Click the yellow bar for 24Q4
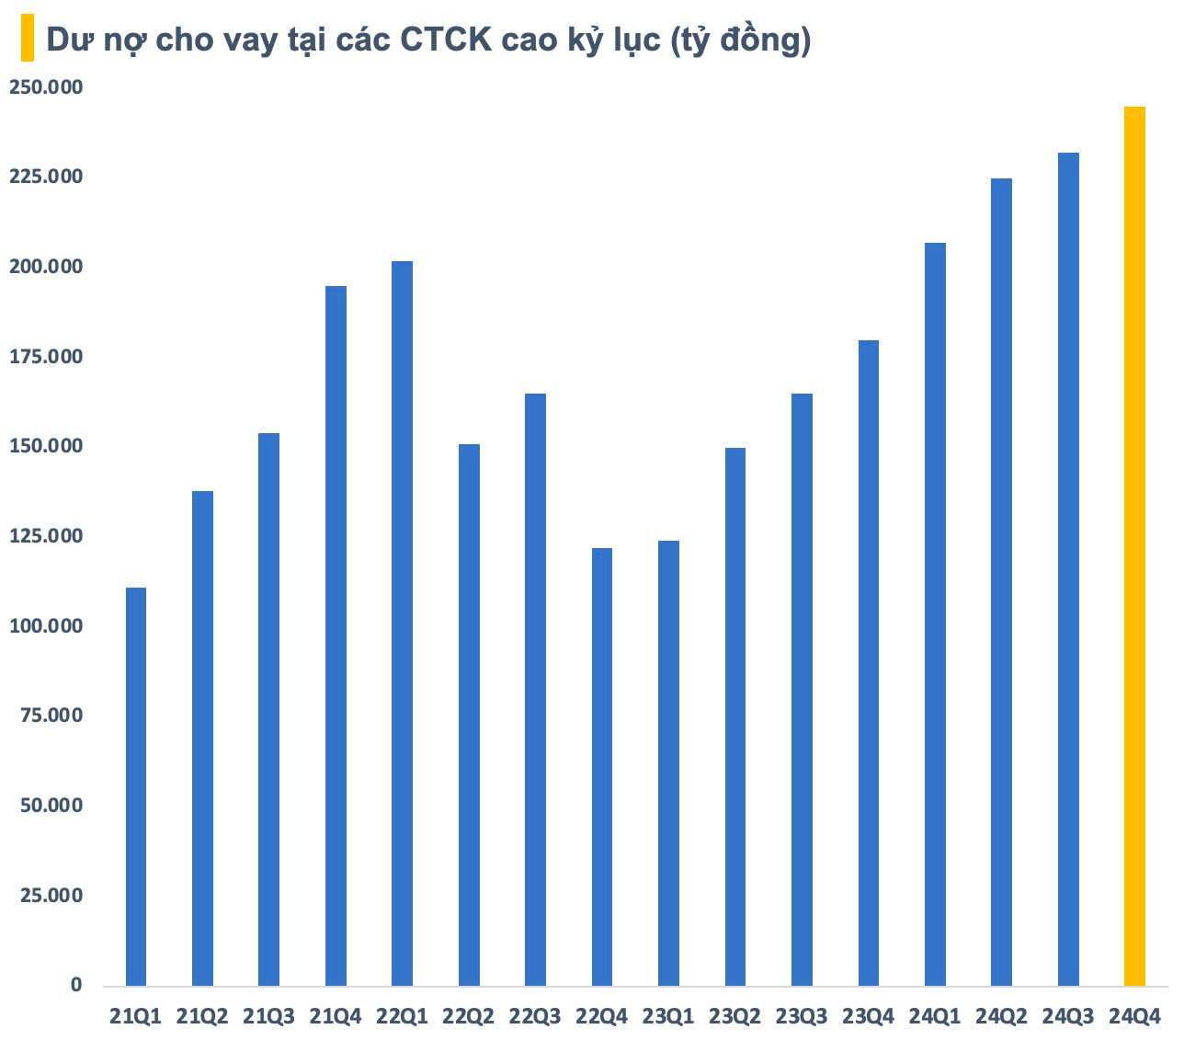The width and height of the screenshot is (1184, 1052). click(1134, 546)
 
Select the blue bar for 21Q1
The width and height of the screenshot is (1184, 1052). click(136, 786)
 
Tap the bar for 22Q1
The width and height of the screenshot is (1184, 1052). click(402, 623)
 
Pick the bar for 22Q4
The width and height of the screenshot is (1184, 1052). click(602, 767)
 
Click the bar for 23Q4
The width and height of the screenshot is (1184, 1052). click(869, 663)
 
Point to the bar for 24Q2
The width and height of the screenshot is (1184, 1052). click(1001, 582)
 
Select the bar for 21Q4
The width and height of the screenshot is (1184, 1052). click(336, 635)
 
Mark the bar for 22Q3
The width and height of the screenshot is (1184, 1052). click(535, 690)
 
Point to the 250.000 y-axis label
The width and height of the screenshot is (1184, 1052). click(46, 87)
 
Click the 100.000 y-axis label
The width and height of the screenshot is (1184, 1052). click(46, 626)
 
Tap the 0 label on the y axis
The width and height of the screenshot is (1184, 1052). click(76, 985)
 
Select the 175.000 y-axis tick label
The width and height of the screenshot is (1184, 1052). click(46, 357)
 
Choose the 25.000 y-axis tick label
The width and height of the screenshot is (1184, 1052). click(51, 896)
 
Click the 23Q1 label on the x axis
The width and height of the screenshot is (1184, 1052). click(668, 1016)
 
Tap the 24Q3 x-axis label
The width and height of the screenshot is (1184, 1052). click(1068, 1016)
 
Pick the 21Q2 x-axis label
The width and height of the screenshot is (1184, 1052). click(202, 1016)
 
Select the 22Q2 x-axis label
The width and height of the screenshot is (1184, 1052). click(469, 1016)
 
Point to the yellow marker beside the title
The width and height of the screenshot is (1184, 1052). click(28, 38)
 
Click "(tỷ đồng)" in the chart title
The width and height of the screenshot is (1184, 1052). click(740, 41)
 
